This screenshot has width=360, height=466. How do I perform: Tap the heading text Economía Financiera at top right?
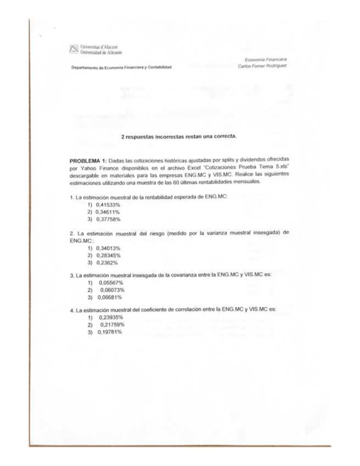[x=269, y=60]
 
